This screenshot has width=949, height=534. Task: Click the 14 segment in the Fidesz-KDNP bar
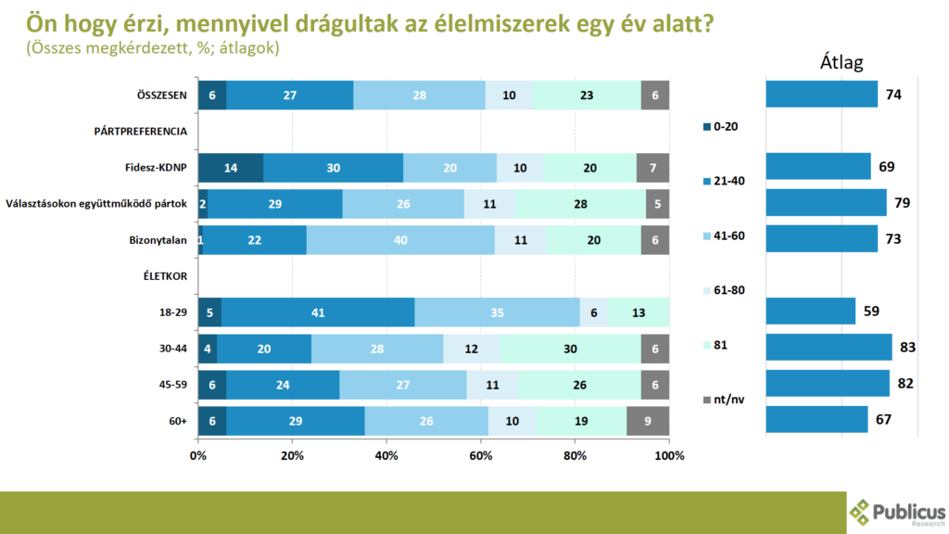coord(230,167)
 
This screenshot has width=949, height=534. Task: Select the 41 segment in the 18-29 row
coord(318,311)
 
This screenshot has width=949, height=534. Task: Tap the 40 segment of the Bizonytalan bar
coord(400,239)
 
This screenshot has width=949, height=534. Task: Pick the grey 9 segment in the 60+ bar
coord(647,420)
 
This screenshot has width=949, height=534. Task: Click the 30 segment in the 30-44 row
coord(570,348)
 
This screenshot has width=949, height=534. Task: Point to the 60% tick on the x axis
coord(480,456)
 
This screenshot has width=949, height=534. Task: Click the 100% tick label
coord(668,456)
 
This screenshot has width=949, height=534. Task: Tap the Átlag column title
coord(841,63)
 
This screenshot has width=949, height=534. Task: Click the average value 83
coord(907,348)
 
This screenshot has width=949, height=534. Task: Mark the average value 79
coord(903,203)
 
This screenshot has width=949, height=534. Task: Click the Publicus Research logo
coord(896,512)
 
